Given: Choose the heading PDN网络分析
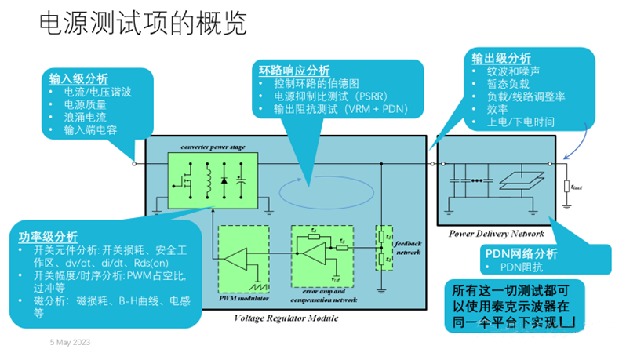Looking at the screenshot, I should (519, 253).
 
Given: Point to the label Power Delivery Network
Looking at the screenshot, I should (496, 233).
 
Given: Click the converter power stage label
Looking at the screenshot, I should (213, 147).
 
